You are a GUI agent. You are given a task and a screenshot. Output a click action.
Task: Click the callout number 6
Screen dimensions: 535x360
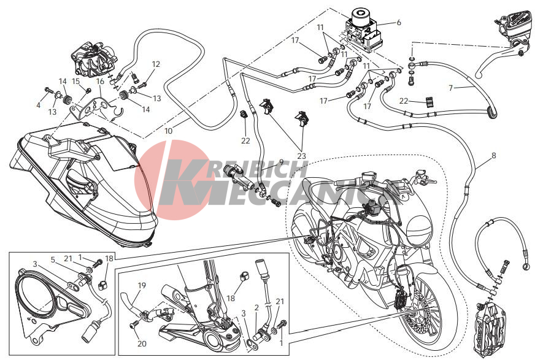pos(399,23)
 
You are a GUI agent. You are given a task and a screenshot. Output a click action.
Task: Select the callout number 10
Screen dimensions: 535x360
pos(169,131)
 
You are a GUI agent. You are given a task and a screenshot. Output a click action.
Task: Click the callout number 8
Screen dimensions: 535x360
pos(494,156)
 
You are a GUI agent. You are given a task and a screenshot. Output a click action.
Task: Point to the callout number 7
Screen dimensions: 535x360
pos(451,88)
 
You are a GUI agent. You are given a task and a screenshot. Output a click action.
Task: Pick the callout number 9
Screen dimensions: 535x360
pos(281,161)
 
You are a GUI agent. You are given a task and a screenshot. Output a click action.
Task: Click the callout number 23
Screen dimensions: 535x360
pos(301,156)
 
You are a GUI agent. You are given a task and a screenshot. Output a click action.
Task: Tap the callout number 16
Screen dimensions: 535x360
pos(100,82)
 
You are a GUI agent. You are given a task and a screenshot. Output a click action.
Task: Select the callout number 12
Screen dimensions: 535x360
pos(156,64)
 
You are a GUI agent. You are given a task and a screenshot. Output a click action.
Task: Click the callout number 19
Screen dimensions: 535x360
pos(142,285)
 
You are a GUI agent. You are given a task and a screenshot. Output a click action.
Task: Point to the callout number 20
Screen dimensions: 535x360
pos(142,343)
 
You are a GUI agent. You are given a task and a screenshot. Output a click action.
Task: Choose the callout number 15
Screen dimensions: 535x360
pos(75,82)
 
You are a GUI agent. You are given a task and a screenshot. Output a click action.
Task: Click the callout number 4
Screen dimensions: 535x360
pos(38,105)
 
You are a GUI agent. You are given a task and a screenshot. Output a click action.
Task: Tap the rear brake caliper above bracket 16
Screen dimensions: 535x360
pos(91,59)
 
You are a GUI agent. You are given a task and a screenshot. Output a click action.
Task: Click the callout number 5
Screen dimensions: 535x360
pos(53,260)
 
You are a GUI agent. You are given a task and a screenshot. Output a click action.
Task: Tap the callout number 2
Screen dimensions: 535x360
pos(256,307)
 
